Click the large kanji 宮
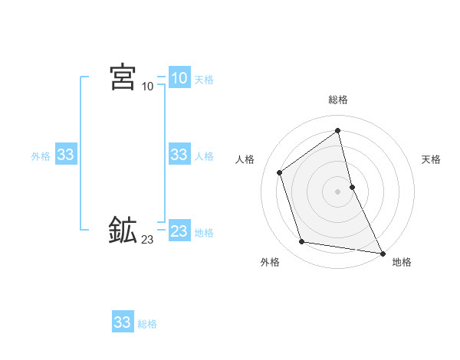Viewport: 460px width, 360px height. coord(123,77)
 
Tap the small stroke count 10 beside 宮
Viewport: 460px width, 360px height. coord(147,87)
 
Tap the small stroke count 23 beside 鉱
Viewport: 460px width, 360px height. coord(147,240)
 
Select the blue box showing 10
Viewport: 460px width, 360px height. coord(179,78)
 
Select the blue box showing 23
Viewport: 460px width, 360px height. coord(179,231)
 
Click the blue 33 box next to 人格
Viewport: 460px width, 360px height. coord(179,155)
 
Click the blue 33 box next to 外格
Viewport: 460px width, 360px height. coord(65,155)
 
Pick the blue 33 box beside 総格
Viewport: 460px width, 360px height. coord(122,322)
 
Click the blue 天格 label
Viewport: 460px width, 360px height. coord(204,80)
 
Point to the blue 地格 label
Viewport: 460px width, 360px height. coord(204,233)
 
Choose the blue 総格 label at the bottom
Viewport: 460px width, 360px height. coord(147,324)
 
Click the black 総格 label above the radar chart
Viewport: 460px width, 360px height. coord(338,100)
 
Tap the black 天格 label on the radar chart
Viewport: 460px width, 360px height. coord(431,159)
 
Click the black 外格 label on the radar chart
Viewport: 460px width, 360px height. coord(270,263)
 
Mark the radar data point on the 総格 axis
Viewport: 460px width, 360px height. coord(338,130)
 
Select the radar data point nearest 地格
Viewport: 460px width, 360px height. coord(382,252)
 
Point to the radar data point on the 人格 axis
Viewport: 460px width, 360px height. coord(280,172)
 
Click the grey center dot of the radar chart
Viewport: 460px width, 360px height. coord(338,191)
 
